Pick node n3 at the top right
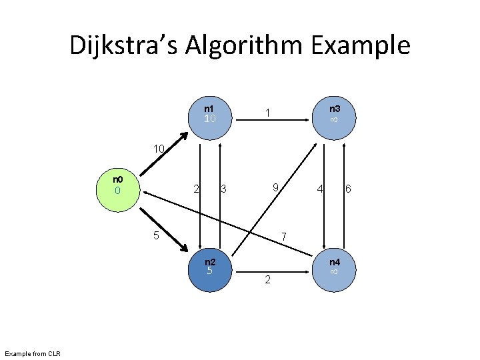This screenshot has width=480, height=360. click(x=334, y=114)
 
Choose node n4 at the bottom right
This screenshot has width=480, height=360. click(x=334, y=267)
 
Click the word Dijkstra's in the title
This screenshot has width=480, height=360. click(x=123, y=45)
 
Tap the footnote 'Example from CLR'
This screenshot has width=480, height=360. click(x=32, y=353)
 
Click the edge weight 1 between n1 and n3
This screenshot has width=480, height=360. click(x=267, y=114)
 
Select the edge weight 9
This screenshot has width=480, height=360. click(x=275, y=189)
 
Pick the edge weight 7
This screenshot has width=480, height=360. click(x=284, y=237)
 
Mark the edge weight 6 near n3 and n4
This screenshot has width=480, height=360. click(x=348, y=189)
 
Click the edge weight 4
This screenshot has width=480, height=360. click(x=321, y=189)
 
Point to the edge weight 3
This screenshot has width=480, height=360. click(x=223, y=190)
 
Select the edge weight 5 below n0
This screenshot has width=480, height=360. click(x=156, y=235)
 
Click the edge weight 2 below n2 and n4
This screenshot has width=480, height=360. click(x=267, y=280)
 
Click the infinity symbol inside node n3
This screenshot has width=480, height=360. click(x=334, y=119)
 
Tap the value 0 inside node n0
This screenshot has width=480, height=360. click(x=117, y=191)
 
